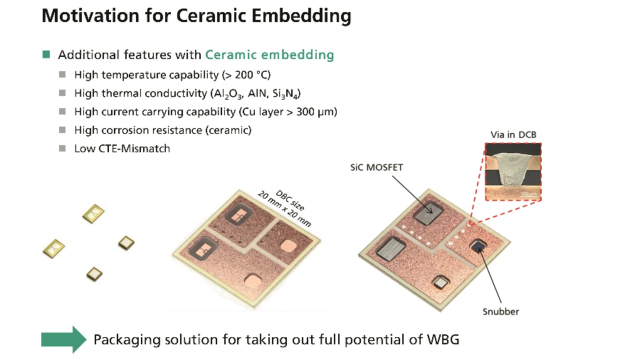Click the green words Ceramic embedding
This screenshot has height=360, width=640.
tap(269, 54)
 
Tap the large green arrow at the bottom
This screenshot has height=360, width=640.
tap(63, 339)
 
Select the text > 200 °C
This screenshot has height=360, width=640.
tap(246, 75)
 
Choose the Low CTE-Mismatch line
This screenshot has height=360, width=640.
tap(122, 148)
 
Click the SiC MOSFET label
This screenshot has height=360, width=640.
tap(376, 167)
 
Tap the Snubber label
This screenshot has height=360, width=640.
tap(500, 311)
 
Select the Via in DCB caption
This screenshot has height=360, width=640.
tap(513, 134)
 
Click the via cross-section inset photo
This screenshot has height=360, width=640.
tap(513, 171)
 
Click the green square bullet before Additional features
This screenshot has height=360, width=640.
tap(46, 54)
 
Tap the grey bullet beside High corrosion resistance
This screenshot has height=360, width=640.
tap(62, 130)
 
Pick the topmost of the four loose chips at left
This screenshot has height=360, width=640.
tap(93, 213)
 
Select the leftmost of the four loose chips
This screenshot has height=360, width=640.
tap(53, 248)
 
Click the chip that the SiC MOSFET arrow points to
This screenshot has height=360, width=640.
tap(428, 212)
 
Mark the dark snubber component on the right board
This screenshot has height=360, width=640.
tap(479, 245)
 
